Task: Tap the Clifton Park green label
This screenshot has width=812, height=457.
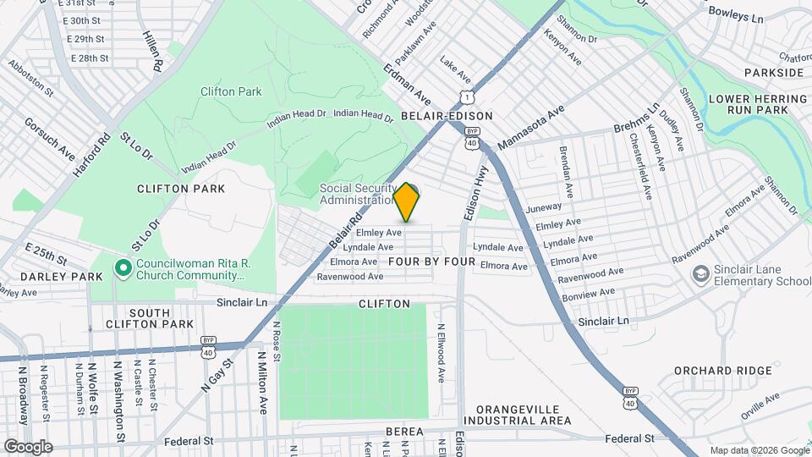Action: coord(231,91)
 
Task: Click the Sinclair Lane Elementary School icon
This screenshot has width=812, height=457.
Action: coord(700,273)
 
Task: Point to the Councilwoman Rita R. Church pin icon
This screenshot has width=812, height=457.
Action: coord(123,269)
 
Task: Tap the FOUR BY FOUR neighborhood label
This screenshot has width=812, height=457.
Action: coord(431,262)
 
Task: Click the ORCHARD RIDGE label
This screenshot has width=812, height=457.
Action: coord(722,371)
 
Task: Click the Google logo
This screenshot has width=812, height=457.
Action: coord(27,446)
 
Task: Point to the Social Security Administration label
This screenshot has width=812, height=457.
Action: coord(358,194)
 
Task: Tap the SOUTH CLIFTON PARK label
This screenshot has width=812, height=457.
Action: coord(150,318)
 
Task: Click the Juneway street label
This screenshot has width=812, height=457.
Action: coord(543,206)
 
